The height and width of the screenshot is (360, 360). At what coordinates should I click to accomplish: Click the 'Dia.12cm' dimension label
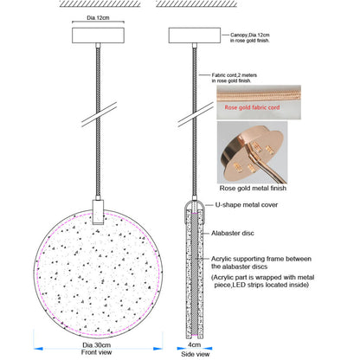[x=98, y=18]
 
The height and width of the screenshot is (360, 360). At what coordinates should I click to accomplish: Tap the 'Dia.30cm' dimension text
[x=96, y=345]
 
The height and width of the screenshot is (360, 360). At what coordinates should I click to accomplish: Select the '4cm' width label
[x=194, y=344]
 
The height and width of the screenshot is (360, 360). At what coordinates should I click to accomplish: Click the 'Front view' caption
[x=96, y=352]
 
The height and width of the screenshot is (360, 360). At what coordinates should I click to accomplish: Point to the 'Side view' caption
[x=196, y=354]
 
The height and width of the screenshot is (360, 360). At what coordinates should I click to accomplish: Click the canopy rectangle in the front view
[x=98, y=35]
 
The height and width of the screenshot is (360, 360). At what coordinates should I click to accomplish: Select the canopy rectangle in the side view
[x=195, y=35]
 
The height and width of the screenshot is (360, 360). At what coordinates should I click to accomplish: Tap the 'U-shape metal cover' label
[x=247, y=205]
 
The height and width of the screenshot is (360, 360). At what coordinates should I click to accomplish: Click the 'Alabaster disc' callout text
[x=233, y=233]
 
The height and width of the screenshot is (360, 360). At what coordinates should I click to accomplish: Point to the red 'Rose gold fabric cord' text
[x=252, y=107]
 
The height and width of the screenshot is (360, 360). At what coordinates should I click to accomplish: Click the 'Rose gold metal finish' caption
[x=253, y=188]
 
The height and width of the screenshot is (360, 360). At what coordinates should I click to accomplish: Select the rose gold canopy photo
[x=252, y=152]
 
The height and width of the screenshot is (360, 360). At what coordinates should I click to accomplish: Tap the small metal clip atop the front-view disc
[x=98, y=212]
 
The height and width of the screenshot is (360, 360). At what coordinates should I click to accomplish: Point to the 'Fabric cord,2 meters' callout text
[x=235, y=75]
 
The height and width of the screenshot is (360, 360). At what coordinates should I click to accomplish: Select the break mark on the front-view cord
[x=99, y=114]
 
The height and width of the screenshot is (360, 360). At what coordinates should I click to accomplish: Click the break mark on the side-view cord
[x=196, y=114]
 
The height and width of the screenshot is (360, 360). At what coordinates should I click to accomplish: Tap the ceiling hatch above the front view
[x=100, y=3]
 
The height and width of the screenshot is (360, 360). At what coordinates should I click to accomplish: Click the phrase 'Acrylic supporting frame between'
[x=261, y=259]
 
